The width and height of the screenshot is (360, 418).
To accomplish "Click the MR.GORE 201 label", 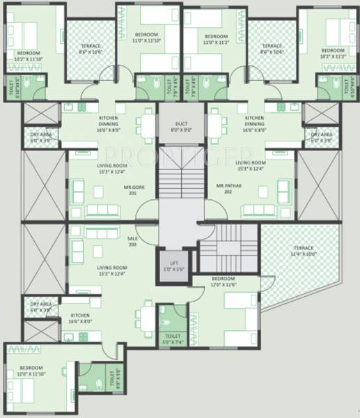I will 124,191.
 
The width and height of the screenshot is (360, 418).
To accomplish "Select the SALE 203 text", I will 132,242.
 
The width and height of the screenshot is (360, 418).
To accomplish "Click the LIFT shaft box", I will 171,266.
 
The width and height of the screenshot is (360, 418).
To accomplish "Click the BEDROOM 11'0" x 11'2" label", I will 217,39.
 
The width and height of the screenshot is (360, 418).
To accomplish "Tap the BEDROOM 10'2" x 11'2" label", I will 332,54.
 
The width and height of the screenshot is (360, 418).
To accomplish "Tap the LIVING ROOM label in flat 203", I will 111,272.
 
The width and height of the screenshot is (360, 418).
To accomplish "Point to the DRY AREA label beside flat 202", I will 321,136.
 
